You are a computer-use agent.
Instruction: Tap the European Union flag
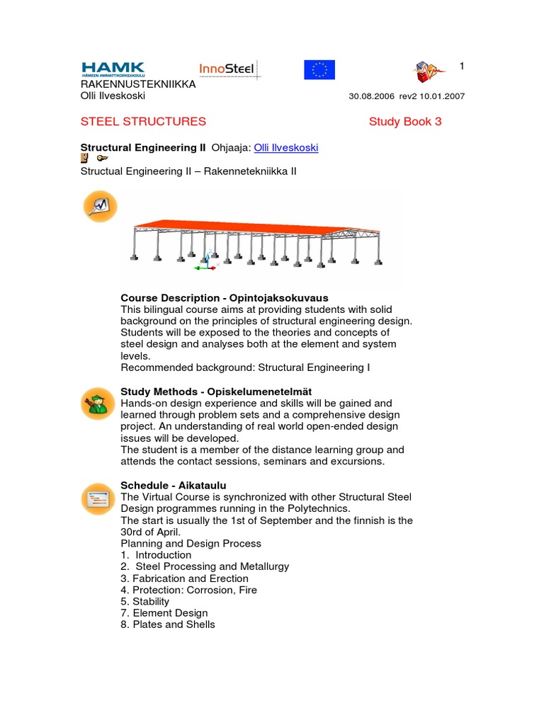[x=319, y=69]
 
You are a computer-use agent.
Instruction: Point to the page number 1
[x=462, y=67]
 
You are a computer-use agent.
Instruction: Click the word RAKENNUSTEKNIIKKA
[x=138, y=84]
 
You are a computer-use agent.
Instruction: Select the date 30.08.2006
[x=373, y=97]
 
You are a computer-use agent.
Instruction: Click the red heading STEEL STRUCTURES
[x=144, y=121]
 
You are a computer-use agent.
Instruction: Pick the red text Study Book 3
[x=405, y=121]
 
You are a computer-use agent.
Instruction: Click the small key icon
[x=102, y=159]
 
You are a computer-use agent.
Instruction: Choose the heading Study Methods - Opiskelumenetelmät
[x=216, y=392]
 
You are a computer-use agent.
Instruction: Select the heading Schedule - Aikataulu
[x=174, y=485]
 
